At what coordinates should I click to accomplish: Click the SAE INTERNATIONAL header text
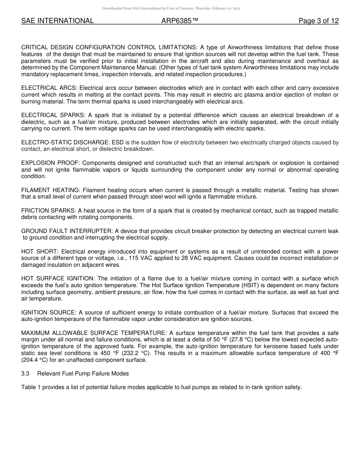57,21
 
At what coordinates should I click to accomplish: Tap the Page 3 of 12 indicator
318,21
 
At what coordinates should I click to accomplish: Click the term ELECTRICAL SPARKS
53,115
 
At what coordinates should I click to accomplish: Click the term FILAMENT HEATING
50,190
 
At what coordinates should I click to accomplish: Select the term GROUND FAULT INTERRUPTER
66,231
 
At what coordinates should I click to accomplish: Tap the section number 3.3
25,374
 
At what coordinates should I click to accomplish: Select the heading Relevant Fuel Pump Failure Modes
83,374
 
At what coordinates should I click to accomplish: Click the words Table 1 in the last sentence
31,387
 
